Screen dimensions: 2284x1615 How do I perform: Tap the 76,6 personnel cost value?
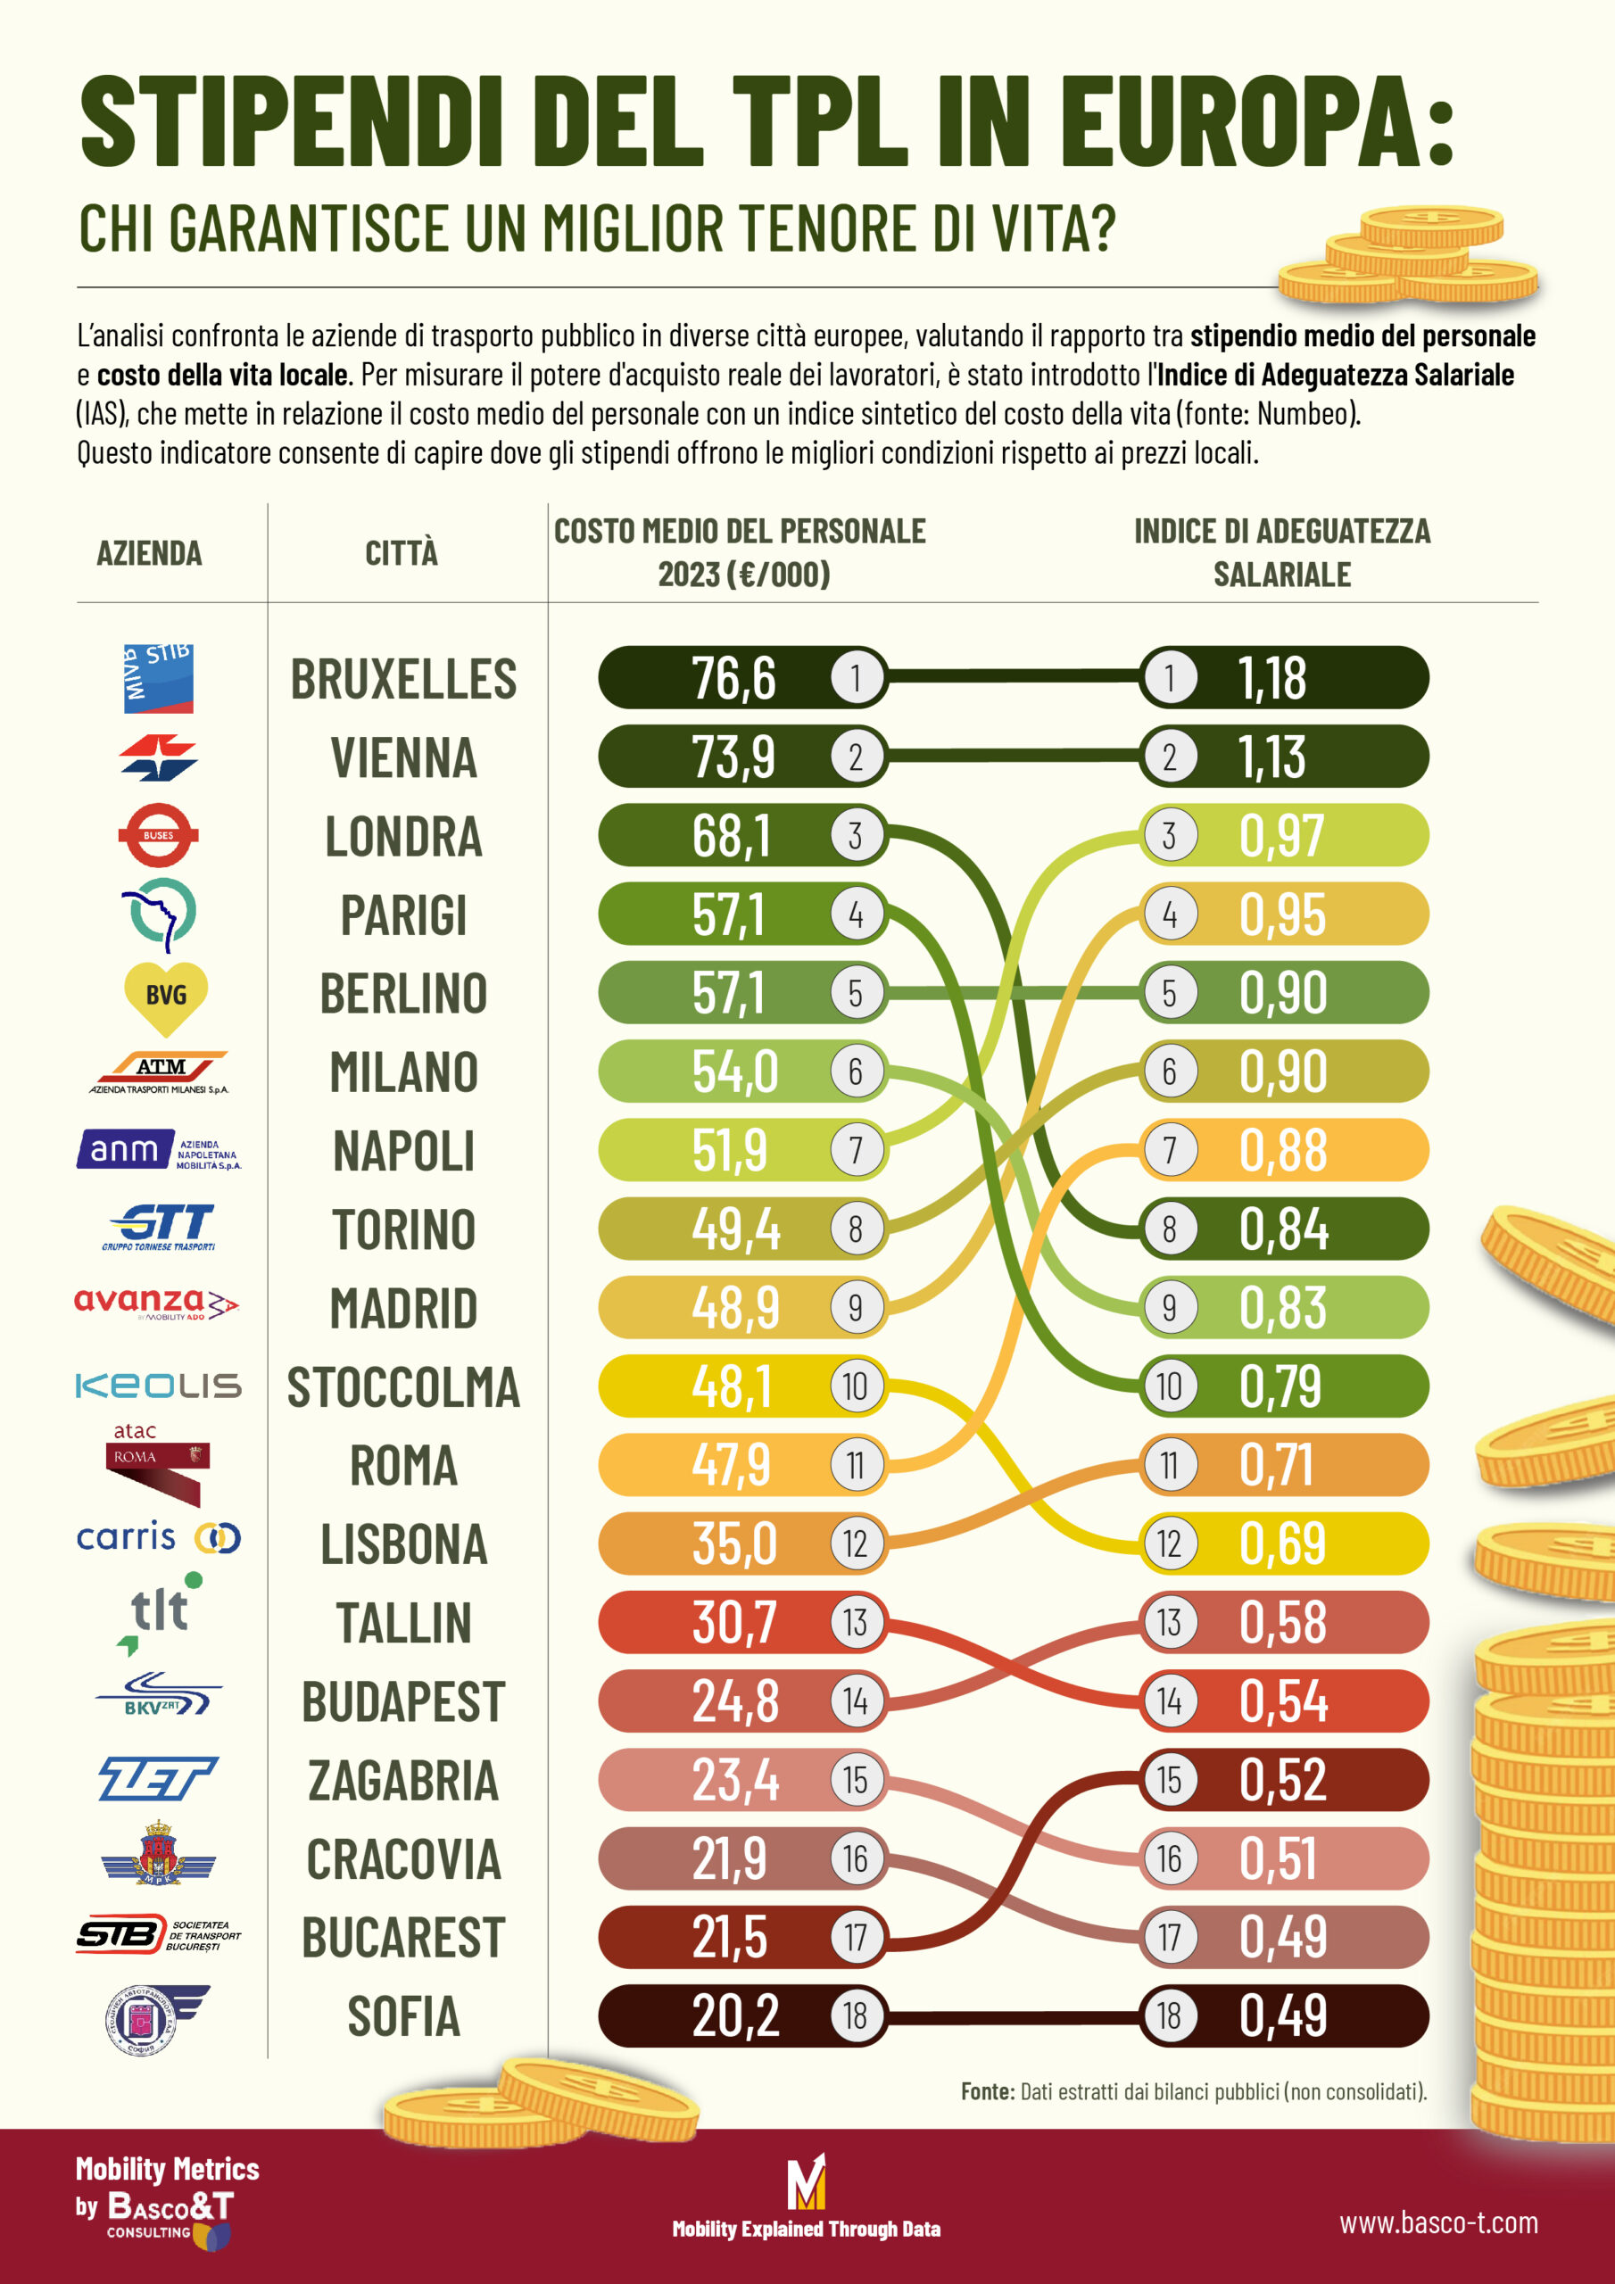coord(733,678)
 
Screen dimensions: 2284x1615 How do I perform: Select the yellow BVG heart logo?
coord(165,996)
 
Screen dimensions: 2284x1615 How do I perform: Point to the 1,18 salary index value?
coord(1271,678)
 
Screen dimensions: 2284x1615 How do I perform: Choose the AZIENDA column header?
coord(149,553)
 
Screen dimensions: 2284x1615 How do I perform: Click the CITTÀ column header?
coord(401,553)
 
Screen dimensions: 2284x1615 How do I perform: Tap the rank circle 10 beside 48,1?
coord(855,1386)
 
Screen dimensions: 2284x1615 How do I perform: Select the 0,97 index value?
coord(1281,836)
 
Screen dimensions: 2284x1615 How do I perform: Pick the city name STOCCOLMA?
coord(403,1386)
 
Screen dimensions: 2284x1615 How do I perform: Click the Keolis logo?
coord(158,1386)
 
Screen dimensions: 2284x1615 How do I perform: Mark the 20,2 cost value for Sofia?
coord(735,2016)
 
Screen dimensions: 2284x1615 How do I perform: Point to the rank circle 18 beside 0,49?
coord(1169,2016)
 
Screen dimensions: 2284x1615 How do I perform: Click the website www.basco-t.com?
coord(1437,2223)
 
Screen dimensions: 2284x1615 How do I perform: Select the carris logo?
coord(158,1538)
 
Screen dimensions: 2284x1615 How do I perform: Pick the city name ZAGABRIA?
coord(403,1781)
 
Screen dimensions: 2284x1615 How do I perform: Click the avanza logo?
coord(157,1303)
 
